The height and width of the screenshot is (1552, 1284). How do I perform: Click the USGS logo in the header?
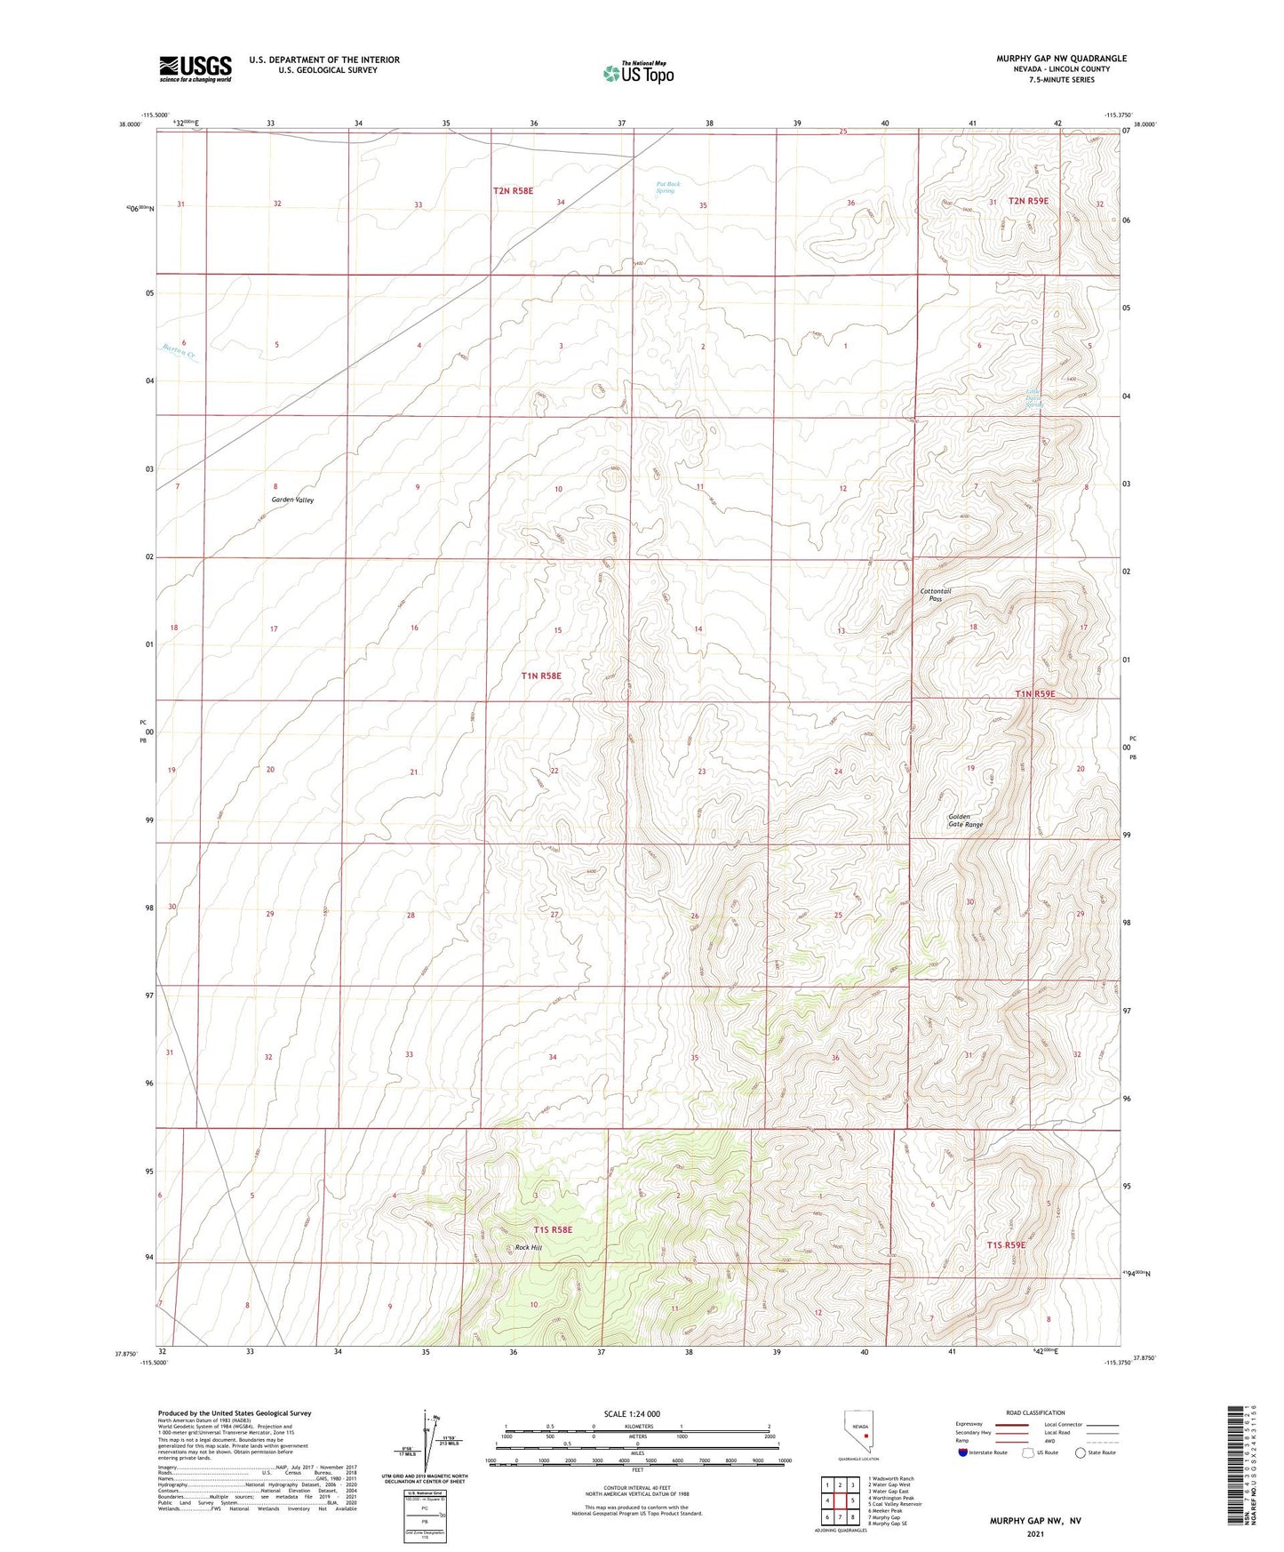195,68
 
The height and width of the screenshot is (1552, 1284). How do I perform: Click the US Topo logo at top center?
637,73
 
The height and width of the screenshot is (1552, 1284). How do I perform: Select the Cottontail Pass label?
936,595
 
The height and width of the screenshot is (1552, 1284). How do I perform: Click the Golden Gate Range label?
965,820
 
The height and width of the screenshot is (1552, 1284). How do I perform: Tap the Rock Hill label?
528,1247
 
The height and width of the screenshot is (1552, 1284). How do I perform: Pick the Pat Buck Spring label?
668,188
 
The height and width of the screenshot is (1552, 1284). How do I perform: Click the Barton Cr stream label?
179,352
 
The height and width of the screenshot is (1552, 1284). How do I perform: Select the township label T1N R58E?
541,676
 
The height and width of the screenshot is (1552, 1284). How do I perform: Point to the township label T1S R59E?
1006,1245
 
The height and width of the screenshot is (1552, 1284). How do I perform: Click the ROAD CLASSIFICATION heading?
1035,1412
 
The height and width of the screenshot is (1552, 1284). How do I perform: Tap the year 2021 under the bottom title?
1035,1534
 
